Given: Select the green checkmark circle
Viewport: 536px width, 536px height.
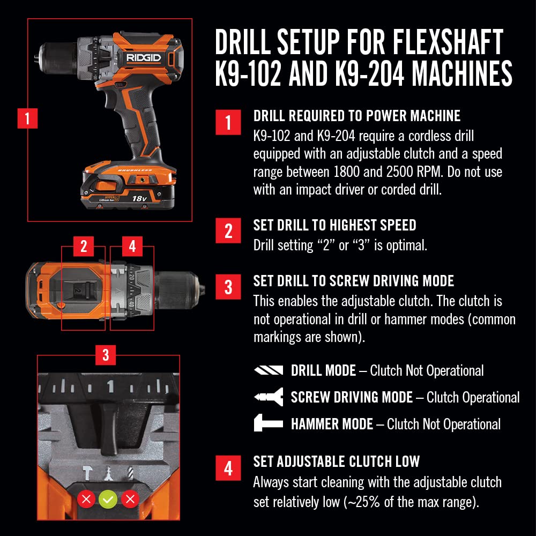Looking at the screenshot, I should point(108,500).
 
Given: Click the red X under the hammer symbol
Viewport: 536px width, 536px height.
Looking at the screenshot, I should point(86,500).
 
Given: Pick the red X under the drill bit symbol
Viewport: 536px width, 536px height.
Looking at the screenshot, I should point(130,500).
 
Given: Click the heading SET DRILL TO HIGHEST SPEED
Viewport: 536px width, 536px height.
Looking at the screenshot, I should point(334,225).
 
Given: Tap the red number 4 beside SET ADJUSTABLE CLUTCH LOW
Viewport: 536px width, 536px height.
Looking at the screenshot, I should point(228,468).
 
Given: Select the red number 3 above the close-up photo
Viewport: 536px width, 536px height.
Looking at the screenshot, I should point(106,354).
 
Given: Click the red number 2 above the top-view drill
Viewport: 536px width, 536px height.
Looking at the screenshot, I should point(83,247).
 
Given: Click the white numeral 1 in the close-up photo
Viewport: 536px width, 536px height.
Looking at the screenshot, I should point(110,386).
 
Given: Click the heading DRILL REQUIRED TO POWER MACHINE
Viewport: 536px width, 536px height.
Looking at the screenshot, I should point(356,116).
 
